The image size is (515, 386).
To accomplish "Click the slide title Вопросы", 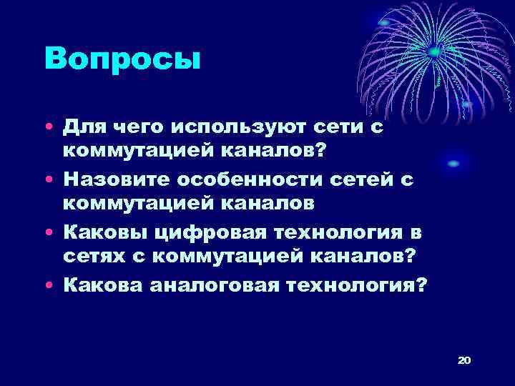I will coord(122,58).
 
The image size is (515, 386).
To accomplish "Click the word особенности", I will coord(255,179).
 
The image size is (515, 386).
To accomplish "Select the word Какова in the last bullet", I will coord(102,285).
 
